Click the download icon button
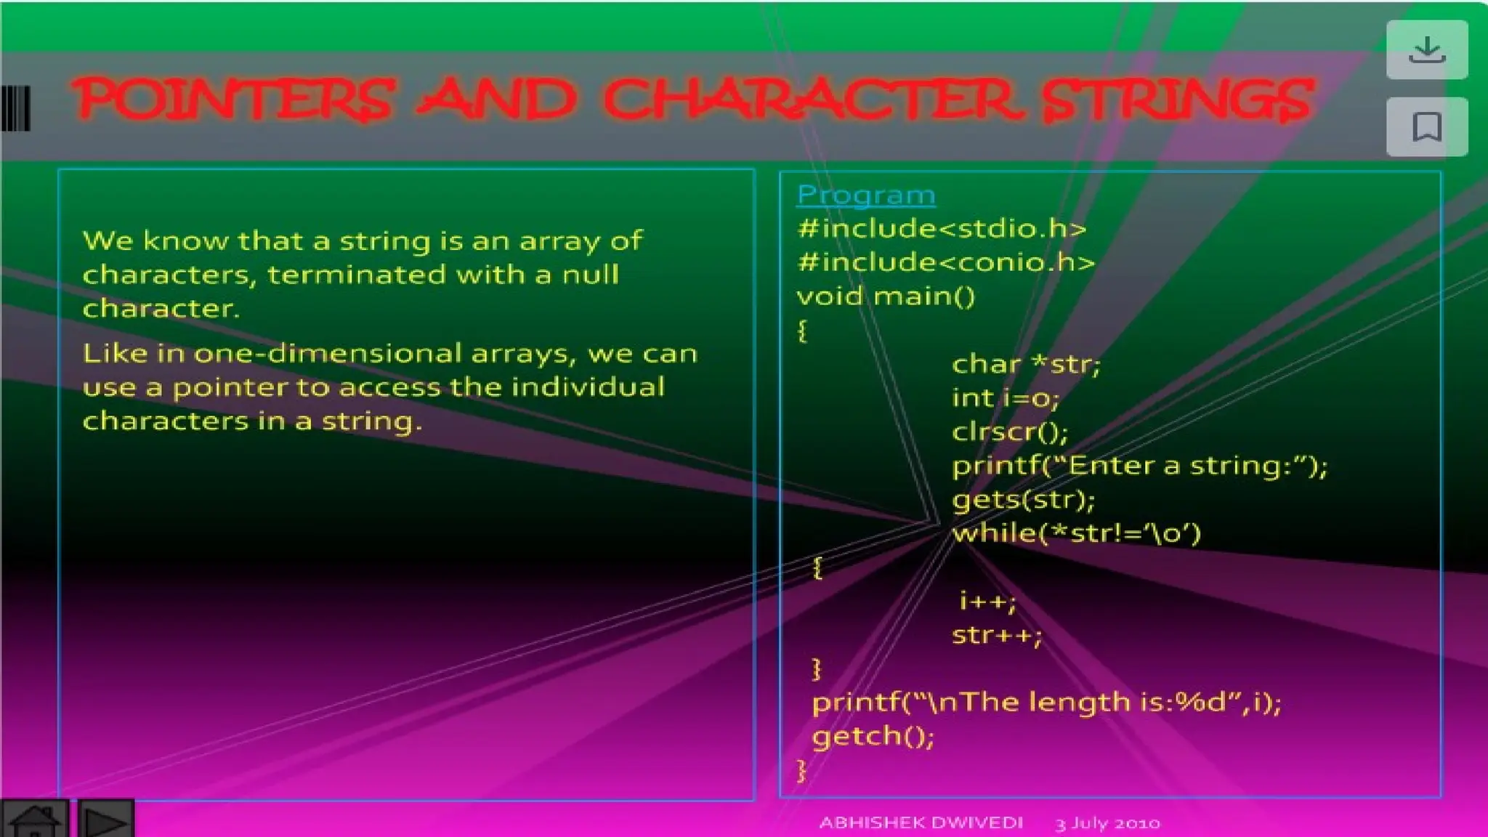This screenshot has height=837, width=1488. click(x=1426, y=50)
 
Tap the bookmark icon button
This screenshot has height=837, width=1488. click(x=1426, y=127)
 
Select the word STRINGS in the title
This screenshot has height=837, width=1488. click(x=1177, y=100)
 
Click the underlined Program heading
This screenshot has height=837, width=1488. click(x=865, y=195)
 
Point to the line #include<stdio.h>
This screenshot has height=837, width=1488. click(x=942, y=229)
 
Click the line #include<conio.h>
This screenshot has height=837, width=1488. click(x=945, y=262)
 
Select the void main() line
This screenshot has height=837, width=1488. click(x=886, y=296)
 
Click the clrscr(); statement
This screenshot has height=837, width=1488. click(x=1010, y=432)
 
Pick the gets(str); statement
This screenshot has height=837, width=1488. click(x=1023, y=500)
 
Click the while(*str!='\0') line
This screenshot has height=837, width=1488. click(x=1076, y=534)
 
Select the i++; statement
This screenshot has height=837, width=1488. click(x=987, y=602)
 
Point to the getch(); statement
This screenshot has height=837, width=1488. click(x=873, y=737)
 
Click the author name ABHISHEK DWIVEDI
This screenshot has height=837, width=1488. click(x=921, y=823)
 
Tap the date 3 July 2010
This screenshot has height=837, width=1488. click(x=1107, y=824)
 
